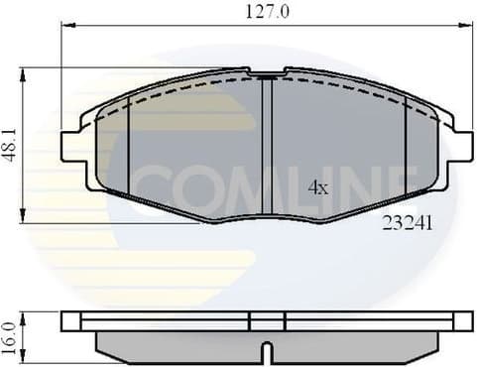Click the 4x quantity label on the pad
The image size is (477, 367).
point(317,185)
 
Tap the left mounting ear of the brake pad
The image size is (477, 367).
point(72,147)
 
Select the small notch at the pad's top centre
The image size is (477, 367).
point(266,74)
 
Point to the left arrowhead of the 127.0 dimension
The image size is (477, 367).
point(65,27)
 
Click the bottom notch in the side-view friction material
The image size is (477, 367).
point(266,350)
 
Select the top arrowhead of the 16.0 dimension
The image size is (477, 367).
point(22,315)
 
